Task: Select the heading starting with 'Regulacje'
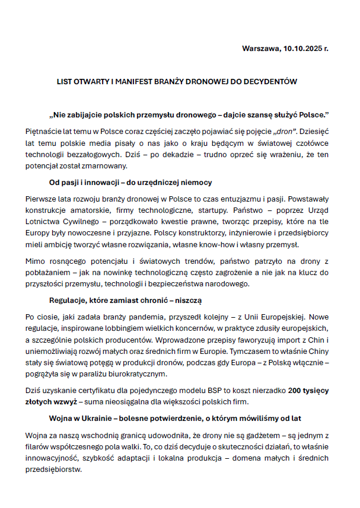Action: pyautogui.click(x=126, y=301)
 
